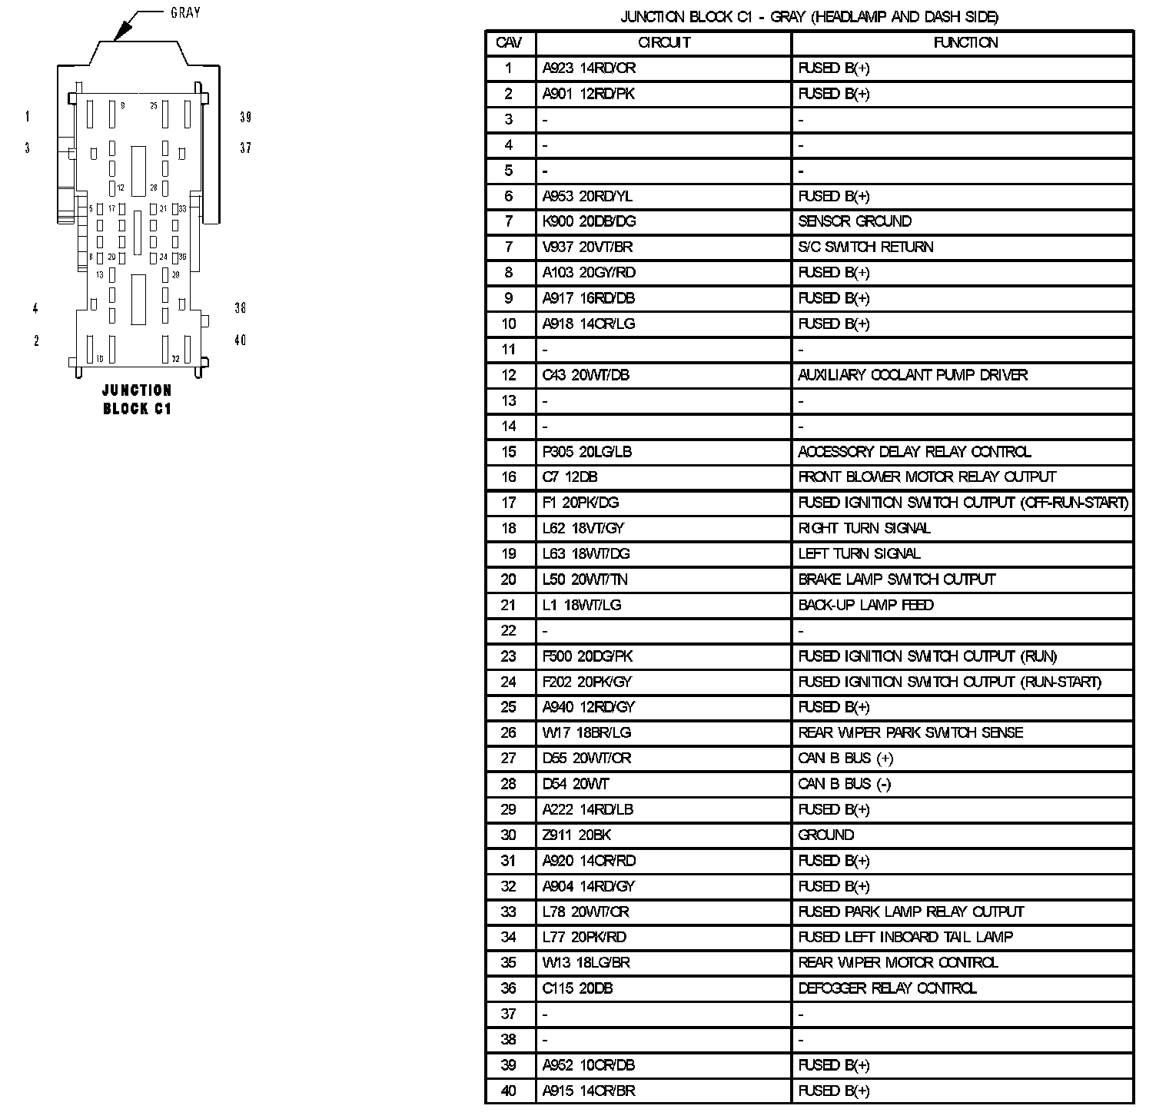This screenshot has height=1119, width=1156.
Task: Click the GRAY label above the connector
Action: pos(185,13)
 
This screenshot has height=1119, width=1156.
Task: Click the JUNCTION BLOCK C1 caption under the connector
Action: pos(137,400)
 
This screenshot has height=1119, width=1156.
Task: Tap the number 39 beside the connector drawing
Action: pos(245,118)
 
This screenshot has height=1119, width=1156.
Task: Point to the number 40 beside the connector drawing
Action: pos(241,340)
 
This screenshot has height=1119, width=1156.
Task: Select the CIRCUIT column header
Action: pos(664,43)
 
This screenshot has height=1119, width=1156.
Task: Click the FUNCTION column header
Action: pos(965,43)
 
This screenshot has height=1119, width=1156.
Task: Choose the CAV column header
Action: pos(509,43)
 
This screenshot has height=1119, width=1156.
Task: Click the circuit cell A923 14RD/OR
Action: pos(589,68)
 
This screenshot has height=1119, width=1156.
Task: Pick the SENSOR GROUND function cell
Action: pos(855,221)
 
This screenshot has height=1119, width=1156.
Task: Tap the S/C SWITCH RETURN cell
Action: pos(865,247)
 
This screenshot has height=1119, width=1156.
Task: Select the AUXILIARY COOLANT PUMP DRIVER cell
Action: pos(912,375)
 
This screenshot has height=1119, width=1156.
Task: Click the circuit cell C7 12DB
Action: pos(570,477)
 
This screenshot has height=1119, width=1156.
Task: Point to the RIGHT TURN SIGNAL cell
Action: pos(864,528)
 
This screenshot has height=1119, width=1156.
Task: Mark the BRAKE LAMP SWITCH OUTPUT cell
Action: pos(896,579)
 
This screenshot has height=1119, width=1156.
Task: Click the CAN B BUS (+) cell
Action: pos(845,759)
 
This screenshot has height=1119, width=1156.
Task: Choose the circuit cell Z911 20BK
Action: pos(576,835)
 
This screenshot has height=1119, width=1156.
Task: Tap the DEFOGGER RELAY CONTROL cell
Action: pos(887,988)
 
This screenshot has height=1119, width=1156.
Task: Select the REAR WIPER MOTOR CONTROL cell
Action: pos(898,963)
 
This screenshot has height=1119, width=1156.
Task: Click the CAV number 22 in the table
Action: pos(509,631)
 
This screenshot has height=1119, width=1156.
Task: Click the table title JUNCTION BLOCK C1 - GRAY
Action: pos(809,17)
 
